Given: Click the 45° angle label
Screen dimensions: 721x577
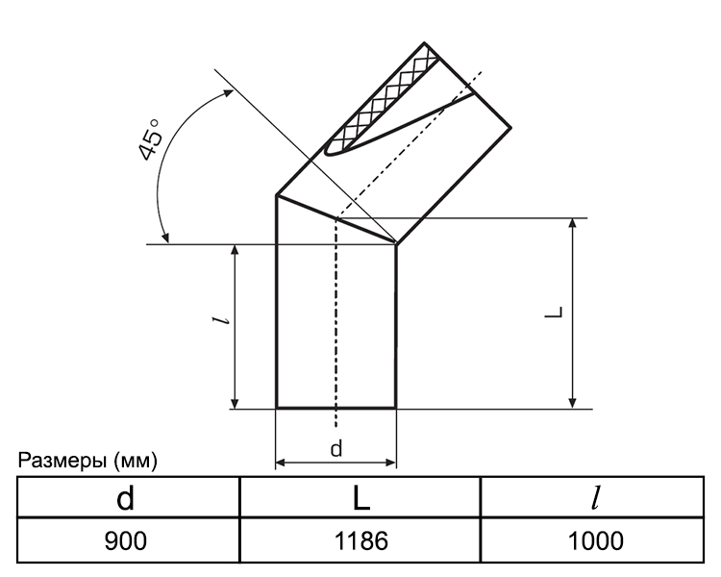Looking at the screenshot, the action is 150,140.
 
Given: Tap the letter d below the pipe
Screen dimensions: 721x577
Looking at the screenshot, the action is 336,449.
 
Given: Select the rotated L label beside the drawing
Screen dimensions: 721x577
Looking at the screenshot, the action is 554,312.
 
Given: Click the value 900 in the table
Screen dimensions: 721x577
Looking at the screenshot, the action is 126,540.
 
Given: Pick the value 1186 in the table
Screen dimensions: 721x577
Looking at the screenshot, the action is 360,540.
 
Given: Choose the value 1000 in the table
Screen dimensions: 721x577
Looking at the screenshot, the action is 596,540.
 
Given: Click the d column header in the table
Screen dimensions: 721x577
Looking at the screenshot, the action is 126,498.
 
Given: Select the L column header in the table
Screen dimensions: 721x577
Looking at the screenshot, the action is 361,498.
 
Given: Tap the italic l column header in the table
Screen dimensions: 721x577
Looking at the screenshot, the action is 596,498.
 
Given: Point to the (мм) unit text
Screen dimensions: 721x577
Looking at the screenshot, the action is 136,461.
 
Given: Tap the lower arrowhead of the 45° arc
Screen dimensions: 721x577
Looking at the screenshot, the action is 165,237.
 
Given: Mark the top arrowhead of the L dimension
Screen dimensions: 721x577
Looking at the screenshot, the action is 573,224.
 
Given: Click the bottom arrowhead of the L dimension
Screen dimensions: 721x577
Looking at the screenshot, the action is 573,403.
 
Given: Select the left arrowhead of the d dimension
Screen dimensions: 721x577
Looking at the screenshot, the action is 281,463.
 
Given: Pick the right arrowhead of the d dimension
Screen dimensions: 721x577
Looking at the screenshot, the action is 390,463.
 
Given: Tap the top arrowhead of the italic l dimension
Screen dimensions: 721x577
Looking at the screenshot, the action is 235,250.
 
